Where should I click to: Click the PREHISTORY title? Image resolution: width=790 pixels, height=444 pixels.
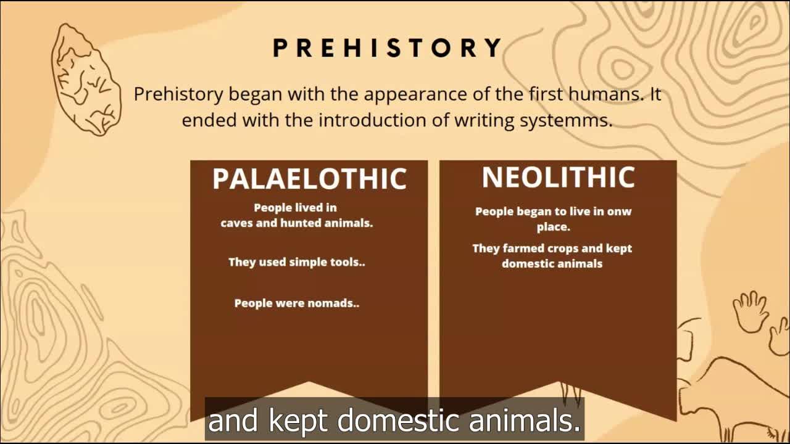pyautogui.click(x=388, y=47)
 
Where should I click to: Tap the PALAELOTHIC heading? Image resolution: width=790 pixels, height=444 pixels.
pyautogui.click(x=309, y=179)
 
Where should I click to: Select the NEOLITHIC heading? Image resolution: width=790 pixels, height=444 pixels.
pyautogui.click(x=559, y=177)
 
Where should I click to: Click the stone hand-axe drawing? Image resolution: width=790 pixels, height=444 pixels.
pyautogui.click(x=86, y=80)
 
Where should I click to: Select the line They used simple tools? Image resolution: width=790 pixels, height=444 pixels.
pyautogui.click(x=297, y=262)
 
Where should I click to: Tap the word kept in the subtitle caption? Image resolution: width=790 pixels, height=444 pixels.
pyautogui.click(x=301, y=421)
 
